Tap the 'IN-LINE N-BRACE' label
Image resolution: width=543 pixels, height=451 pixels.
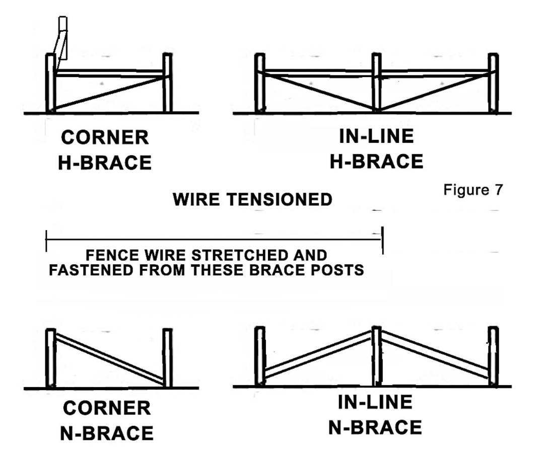coord(375,414)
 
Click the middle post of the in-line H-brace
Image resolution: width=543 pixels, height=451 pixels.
coord(376,83)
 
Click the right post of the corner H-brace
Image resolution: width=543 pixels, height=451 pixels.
coord(168,83)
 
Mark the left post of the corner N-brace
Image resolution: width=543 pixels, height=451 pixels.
coord(50,358)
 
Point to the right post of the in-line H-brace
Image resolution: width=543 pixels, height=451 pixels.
coord(493,83)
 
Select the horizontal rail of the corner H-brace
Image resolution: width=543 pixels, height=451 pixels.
coord(109,73)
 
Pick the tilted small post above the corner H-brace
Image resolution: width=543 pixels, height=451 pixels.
coord(61,43)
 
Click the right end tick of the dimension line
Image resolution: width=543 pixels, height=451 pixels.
coord(383,240)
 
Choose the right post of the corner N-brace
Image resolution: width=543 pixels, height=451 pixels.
coord(168,358)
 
